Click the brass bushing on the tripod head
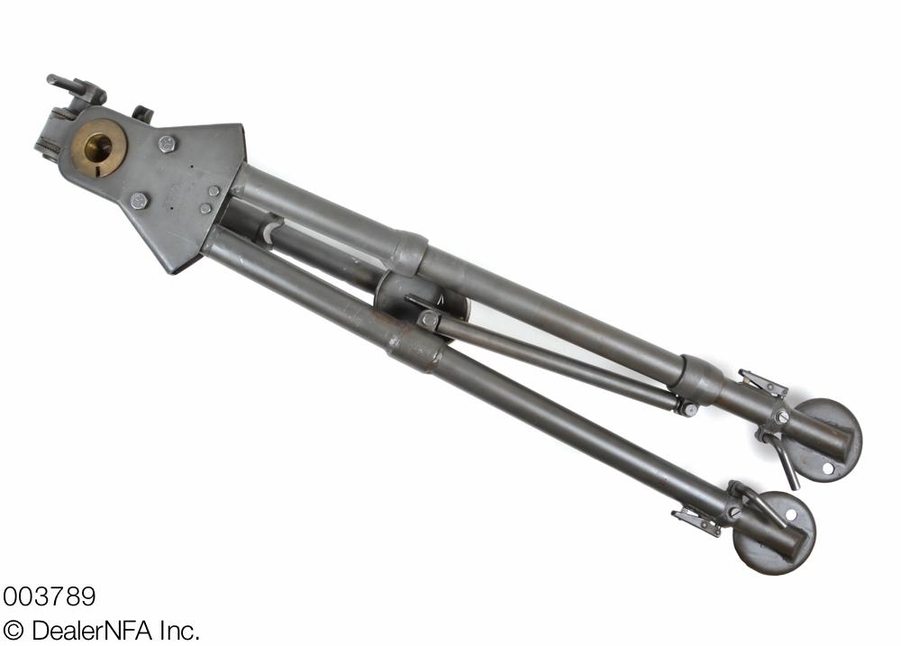[98, 148]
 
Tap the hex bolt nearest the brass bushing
[167, 143]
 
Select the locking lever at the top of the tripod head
[76, 87]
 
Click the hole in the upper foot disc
[827, 468]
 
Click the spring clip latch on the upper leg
[762, 383]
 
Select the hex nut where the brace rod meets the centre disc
[428, 319]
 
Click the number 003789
[49, 596]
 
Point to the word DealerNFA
[92, 631]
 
